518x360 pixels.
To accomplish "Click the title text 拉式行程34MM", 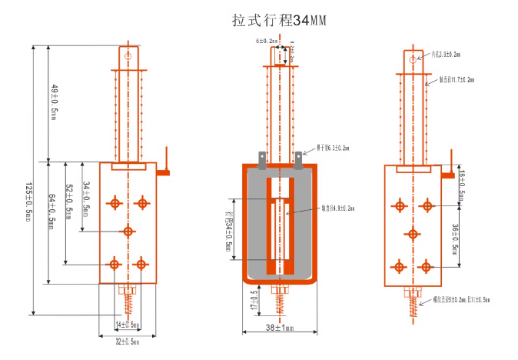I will click(x=279, y=21).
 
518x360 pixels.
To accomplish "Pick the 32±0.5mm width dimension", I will click(x=128, y=341).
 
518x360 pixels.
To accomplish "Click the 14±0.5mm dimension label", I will click(x=128, y=325).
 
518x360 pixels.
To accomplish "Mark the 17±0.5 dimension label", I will click(x=254, y=301).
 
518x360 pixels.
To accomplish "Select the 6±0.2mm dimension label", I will click(x=266, y=41).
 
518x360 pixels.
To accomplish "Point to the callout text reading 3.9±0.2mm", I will click(x=445, y=55).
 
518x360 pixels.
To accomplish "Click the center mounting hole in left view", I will click(x=128, y=231).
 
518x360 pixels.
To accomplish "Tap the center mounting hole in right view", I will click(x=412, y=233).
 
